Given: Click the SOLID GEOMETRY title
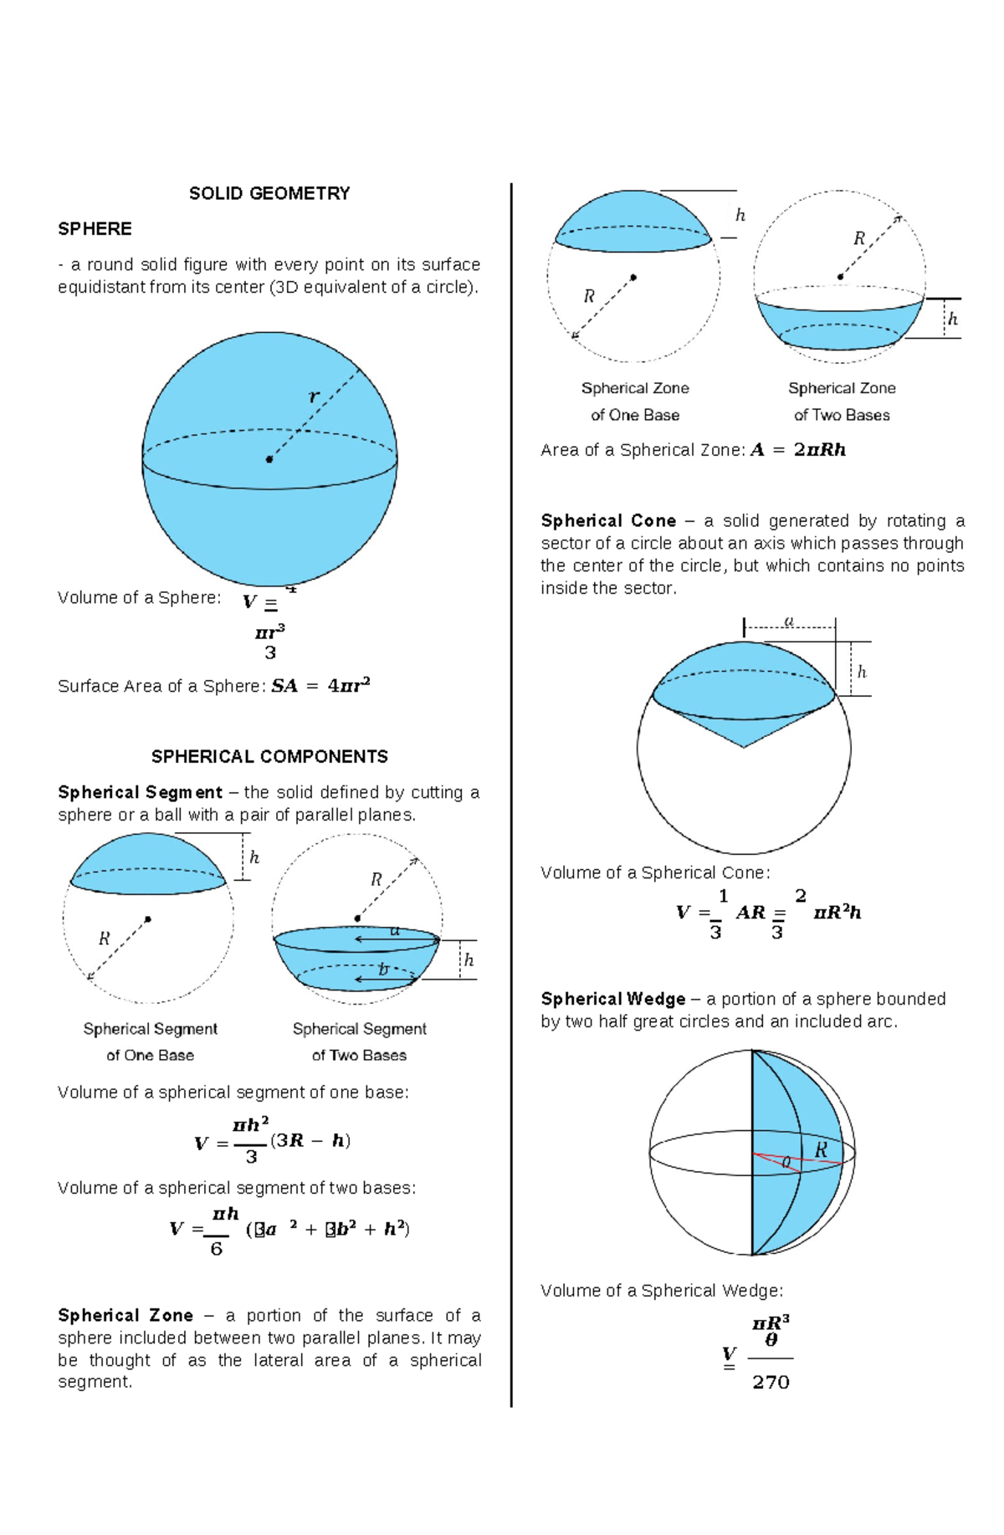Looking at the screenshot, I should point(269,193).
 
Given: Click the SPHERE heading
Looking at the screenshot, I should point(95,228).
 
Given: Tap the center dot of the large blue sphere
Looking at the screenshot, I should point(269,459).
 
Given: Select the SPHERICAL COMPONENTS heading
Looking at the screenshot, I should point(269,756).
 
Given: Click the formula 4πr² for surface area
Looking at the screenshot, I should point(349,686).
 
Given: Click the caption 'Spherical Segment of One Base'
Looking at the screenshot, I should point(150,1041).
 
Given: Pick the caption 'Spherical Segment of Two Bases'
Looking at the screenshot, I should point(359,1041).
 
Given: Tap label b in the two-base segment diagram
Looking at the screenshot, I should point(383,970).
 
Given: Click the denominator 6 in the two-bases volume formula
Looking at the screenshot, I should point(216,1249).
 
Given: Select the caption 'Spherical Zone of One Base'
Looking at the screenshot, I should point(635,401).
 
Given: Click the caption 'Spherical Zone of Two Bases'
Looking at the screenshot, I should point(842,401).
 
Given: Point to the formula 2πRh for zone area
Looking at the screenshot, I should point(820,450).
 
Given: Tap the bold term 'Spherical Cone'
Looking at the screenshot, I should point(608,520).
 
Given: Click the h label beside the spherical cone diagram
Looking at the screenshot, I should point(862,672).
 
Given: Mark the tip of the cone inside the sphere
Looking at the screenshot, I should point(743,747).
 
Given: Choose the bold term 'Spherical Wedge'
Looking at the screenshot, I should point(613,999).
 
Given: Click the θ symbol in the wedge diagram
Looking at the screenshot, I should point(786,1162).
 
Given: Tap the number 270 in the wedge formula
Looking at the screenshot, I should point(771,1382).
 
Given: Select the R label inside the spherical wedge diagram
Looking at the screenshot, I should point(821,1150).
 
